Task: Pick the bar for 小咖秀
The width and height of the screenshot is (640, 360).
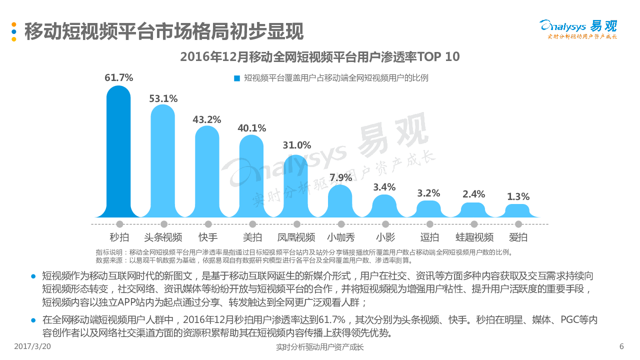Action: tap(340, 202)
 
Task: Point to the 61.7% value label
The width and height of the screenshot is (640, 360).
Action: tap(118, 78)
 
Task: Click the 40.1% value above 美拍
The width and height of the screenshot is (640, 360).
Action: tap(251, 127)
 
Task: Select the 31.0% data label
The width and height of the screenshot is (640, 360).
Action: tap(296, 145)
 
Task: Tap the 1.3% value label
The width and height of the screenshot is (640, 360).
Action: tap(518, 196)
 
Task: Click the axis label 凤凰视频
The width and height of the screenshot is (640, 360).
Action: tap(296, 237)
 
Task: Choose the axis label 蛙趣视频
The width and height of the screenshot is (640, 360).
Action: tap(474, 237)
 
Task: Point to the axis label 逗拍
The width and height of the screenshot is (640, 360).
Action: tap(429, 237)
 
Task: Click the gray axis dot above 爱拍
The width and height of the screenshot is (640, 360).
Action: tap(518, 224)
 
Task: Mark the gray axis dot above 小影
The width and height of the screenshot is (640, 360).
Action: tap(385, 224)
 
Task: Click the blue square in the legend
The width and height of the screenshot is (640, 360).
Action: tap(237, 78)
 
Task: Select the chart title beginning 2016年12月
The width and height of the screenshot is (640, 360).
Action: tap(319, 57)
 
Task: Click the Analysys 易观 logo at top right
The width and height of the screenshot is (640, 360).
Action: tap(578, 29)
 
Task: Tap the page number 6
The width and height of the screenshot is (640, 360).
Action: tap(621, 346)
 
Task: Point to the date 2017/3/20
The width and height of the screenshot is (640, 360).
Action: tap(32, 346)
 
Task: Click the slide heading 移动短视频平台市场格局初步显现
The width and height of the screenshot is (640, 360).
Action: tap(164, 31)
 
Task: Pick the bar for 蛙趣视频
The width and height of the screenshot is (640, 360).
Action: tap(473, 210)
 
